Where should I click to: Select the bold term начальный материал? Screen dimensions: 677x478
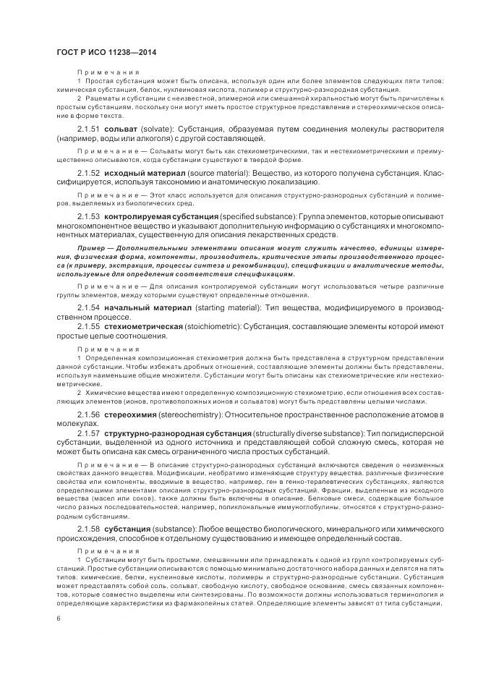pos(145,309)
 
